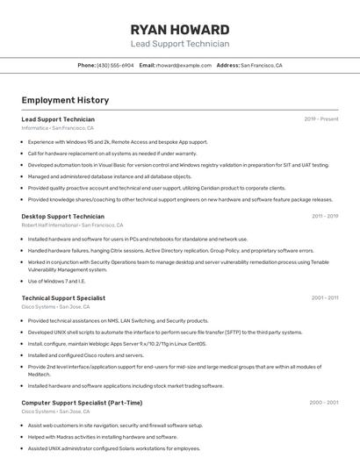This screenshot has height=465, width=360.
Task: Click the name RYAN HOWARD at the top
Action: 179,29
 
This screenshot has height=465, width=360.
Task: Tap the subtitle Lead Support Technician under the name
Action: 179,44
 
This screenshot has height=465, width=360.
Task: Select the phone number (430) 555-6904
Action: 115,65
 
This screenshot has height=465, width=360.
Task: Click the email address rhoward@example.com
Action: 184,65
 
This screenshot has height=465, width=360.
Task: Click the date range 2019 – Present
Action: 321,118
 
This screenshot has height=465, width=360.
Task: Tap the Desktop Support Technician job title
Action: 62,216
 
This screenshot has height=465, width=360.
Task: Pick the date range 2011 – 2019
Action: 324,216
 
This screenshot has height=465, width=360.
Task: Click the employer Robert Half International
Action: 49,225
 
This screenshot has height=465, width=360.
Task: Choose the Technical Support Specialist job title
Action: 63,298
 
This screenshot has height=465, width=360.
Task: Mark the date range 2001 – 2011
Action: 324,298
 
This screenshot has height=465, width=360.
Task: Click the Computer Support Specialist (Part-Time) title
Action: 82,403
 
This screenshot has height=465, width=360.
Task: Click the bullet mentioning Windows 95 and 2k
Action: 118,141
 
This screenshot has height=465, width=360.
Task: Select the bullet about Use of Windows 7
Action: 56,281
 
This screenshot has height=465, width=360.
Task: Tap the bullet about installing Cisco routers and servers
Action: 85,355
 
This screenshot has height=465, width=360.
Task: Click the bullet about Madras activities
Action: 102,436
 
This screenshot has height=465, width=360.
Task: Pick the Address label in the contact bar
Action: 227,65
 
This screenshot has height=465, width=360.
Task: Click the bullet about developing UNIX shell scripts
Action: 165,333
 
